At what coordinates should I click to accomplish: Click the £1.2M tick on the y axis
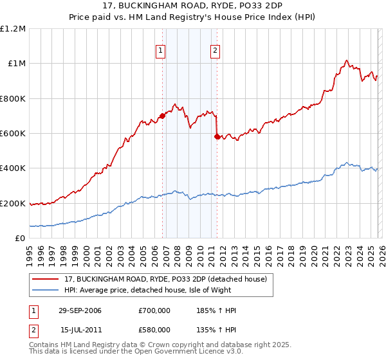[13, 29]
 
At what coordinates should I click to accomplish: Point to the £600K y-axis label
[13, 134]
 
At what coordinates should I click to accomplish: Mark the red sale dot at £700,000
[162, 116]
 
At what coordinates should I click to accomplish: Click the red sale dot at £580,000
[217, 136]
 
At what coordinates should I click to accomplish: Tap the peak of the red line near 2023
[346, 60]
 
